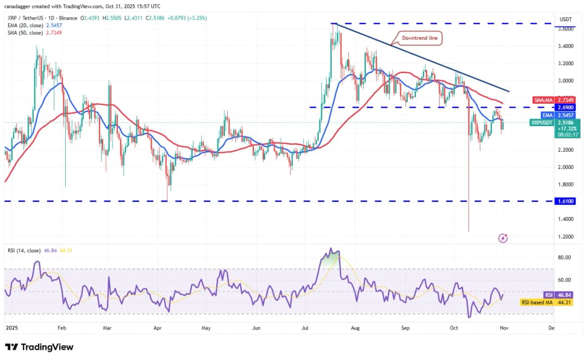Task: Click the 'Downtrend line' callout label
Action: coord(419,38)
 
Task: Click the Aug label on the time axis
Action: coord(355,328)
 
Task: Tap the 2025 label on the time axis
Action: coord(11,328)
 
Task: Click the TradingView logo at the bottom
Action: coord(39,347)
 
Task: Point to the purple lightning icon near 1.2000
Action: coord(503,238)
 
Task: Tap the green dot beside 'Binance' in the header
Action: coord(79,18)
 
